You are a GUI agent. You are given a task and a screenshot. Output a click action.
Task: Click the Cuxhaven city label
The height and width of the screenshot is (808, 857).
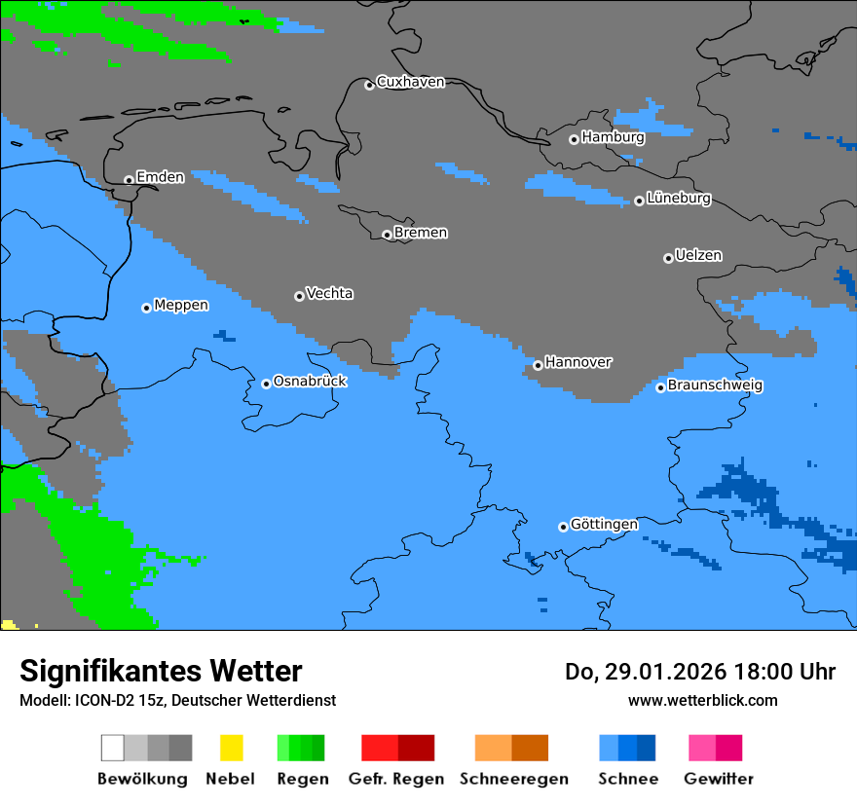(x=410, y=82)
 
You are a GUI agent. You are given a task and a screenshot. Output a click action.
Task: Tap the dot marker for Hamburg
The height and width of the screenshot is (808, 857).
(x=574, y=139)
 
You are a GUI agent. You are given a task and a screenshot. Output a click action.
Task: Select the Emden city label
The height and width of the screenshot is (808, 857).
(x=160, y=177)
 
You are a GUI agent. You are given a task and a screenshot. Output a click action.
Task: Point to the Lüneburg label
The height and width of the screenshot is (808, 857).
(x=679, y=199)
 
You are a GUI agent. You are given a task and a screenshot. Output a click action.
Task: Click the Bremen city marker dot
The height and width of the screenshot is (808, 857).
(x=387, y=235)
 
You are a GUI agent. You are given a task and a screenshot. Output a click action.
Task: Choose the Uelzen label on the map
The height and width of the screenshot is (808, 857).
(x=698, y=256)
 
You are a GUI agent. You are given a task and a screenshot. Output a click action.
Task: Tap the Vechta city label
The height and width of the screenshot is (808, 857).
(x=329, y=294)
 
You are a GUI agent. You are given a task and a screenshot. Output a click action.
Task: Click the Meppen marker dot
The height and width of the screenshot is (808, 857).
(x=146, y=308)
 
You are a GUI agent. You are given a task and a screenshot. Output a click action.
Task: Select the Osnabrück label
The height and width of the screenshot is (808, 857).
(x=310, y=382)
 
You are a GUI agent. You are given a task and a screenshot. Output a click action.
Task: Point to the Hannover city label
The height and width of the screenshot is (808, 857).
(x=578, y=362)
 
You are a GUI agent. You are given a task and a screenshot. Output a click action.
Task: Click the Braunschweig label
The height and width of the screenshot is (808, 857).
(x=715, y=386)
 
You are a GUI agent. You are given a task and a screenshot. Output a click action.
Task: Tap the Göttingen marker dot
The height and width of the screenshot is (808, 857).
(x=563, y=527)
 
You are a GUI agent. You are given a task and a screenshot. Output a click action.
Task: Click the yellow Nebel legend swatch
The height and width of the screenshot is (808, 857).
(x=231, y=748)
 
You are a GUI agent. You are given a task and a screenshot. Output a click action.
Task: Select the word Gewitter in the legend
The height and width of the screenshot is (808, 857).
(x=719, y=779)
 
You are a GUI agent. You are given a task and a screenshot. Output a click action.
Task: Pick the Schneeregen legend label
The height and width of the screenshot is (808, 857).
(x=514, y=779)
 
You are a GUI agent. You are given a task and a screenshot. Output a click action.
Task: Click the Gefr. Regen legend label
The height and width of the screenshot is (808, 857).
(x=396, y=779)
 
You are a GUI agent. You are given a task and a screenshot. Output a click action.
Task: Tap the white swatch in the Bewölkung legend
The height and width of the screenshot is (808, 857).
(x=113, y=748)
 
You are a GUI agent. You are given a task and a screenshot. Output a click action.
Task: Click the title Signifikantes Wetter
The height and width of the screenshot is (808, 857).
(x=161, y=672)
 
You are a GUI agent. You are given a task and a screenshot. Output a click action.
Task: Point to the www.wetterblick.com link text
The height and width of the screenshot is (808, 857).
(x=702, y=700)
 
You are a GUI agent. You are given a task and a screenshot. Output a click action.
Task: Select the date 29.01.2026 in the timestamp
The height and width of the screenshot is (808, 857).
(x=661, y=672)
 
